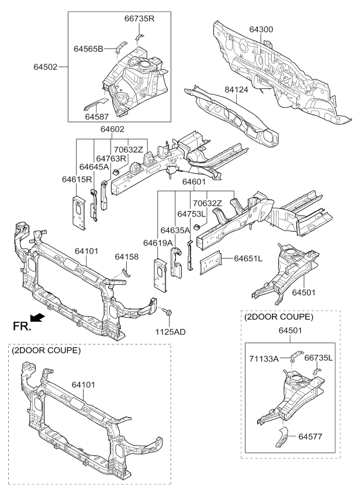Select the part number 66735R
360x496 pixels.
click(139, 18)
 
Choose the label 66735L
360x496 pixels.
click(322, 358)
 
